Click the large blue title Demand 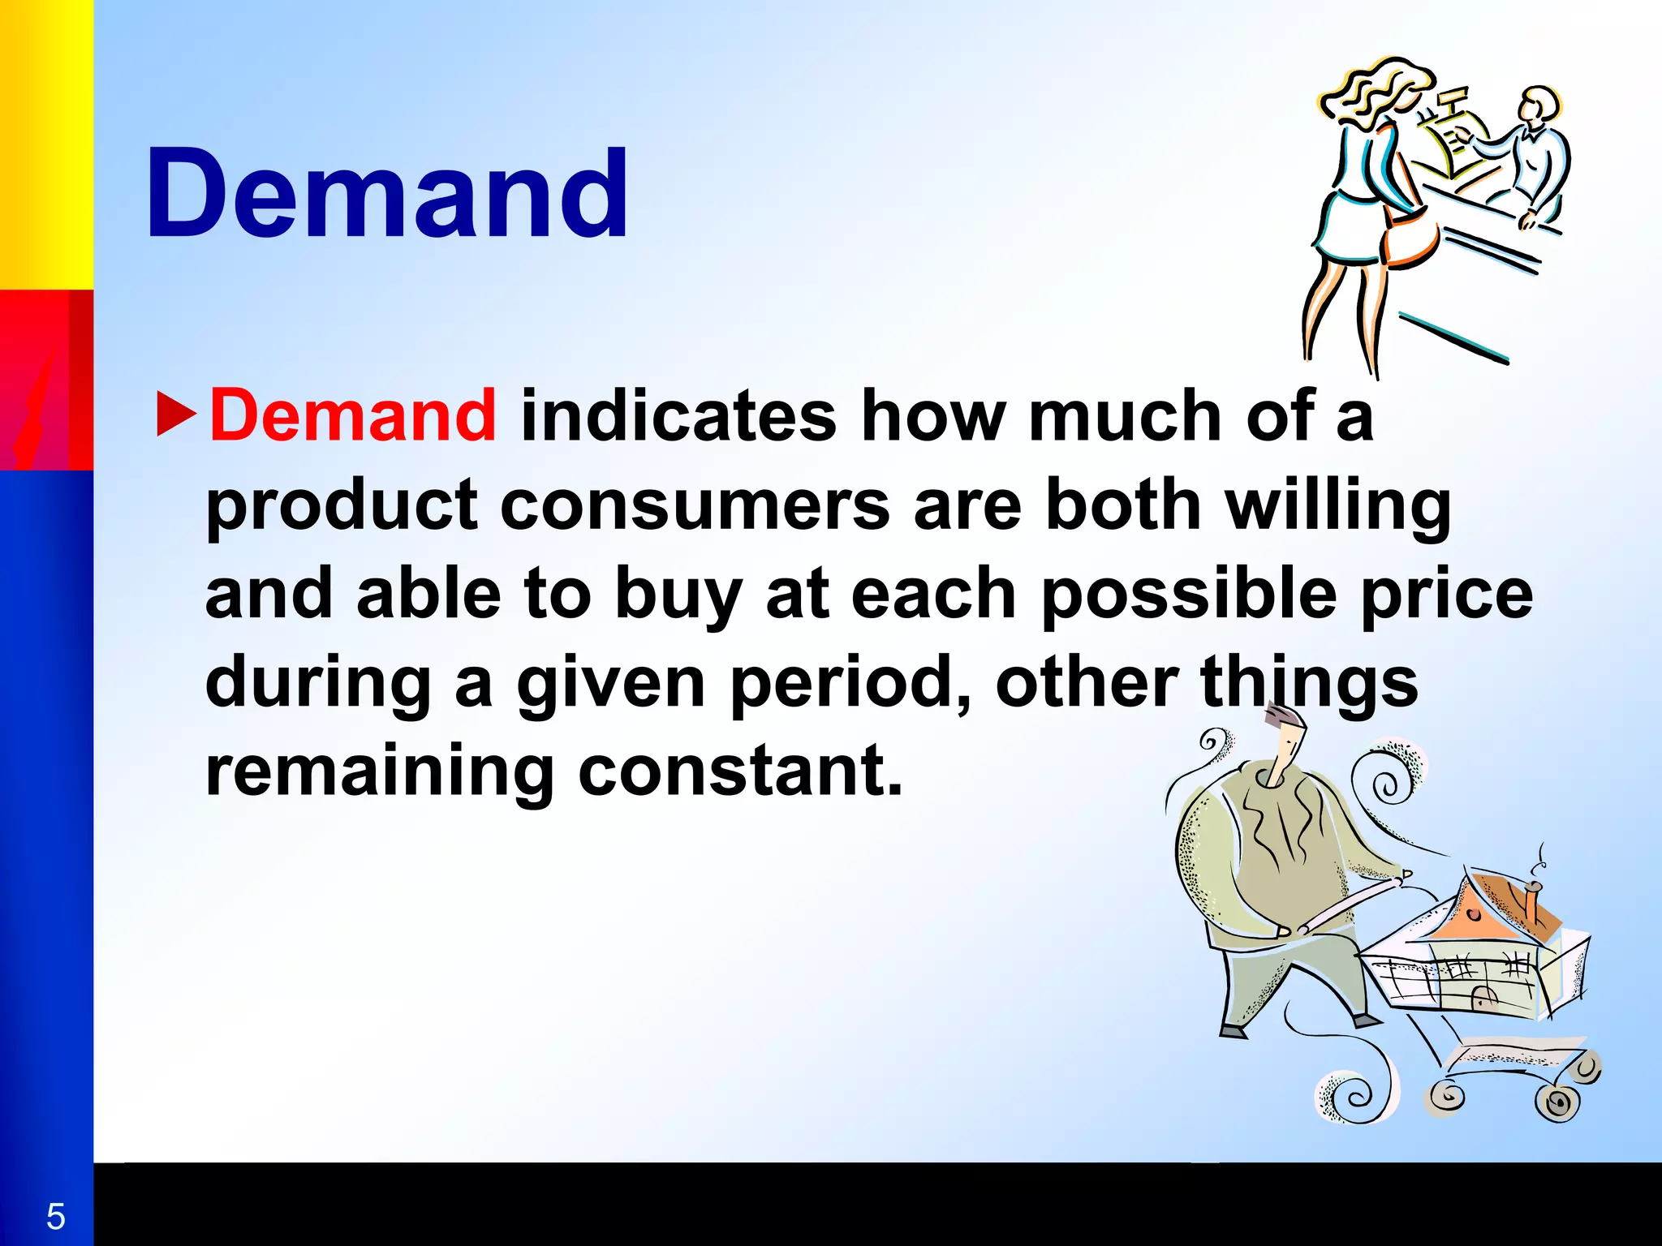387,195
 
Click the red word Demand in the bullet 352,416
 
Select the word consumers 695,505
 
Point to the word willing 1337,505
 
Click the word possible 1189,594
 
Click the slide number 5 55,1216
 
